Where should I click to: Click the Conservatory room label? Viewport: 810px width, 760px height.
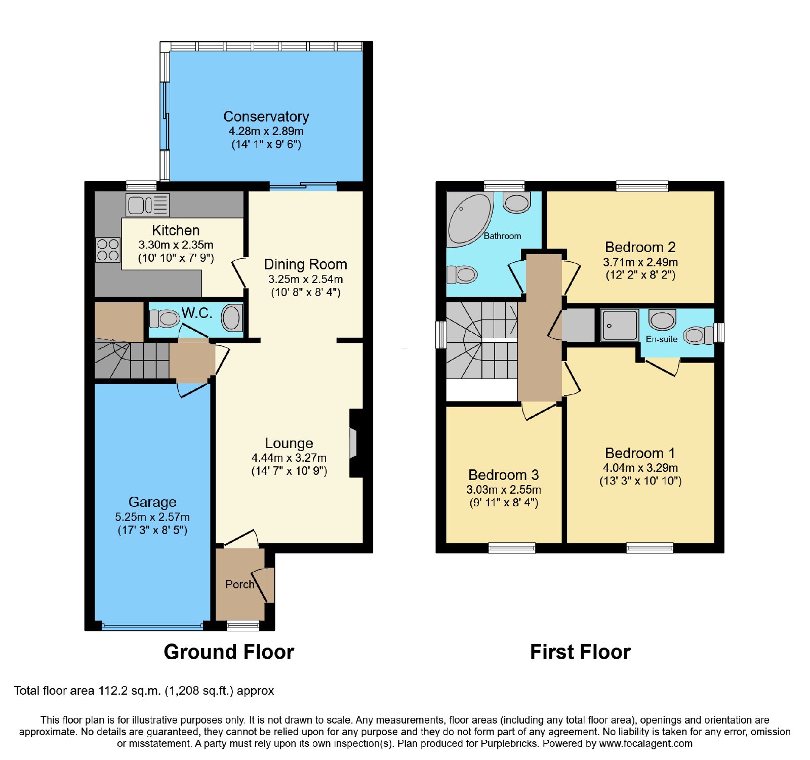[266, 116]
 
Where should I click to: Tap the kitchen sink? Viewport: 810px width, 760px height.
[147, 205]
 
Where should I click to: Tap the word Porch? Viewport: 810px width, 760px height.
[239, 584]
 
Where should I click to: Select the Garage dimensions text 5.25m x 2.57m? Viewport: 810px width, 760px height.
[152, 517]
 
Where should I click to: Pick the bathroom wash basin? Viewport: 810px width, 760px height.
[516, 203]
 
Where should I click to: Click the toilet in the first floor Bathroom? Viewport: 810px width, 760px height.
[462, 275]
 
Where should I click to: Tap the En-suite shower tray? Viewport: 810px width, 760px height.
[619, 325]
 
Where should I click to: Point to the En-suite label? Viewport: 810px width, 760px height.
[661, 339]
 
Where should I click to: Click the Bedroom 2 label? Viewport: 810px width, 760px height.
[640, 247]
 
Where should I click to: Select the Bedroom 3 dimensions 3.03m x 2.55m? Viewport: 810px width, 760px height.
[504, 490]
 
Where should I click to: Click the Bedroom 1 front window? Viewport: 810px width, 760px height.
[650, 547]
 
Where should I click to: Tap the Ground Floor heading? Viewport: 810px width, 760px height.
[229, 652]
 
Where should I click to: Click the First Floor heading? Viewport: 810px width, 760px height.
[580, 652]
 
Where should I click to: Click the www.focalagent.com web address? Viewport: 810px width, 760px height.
[646, 743]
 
